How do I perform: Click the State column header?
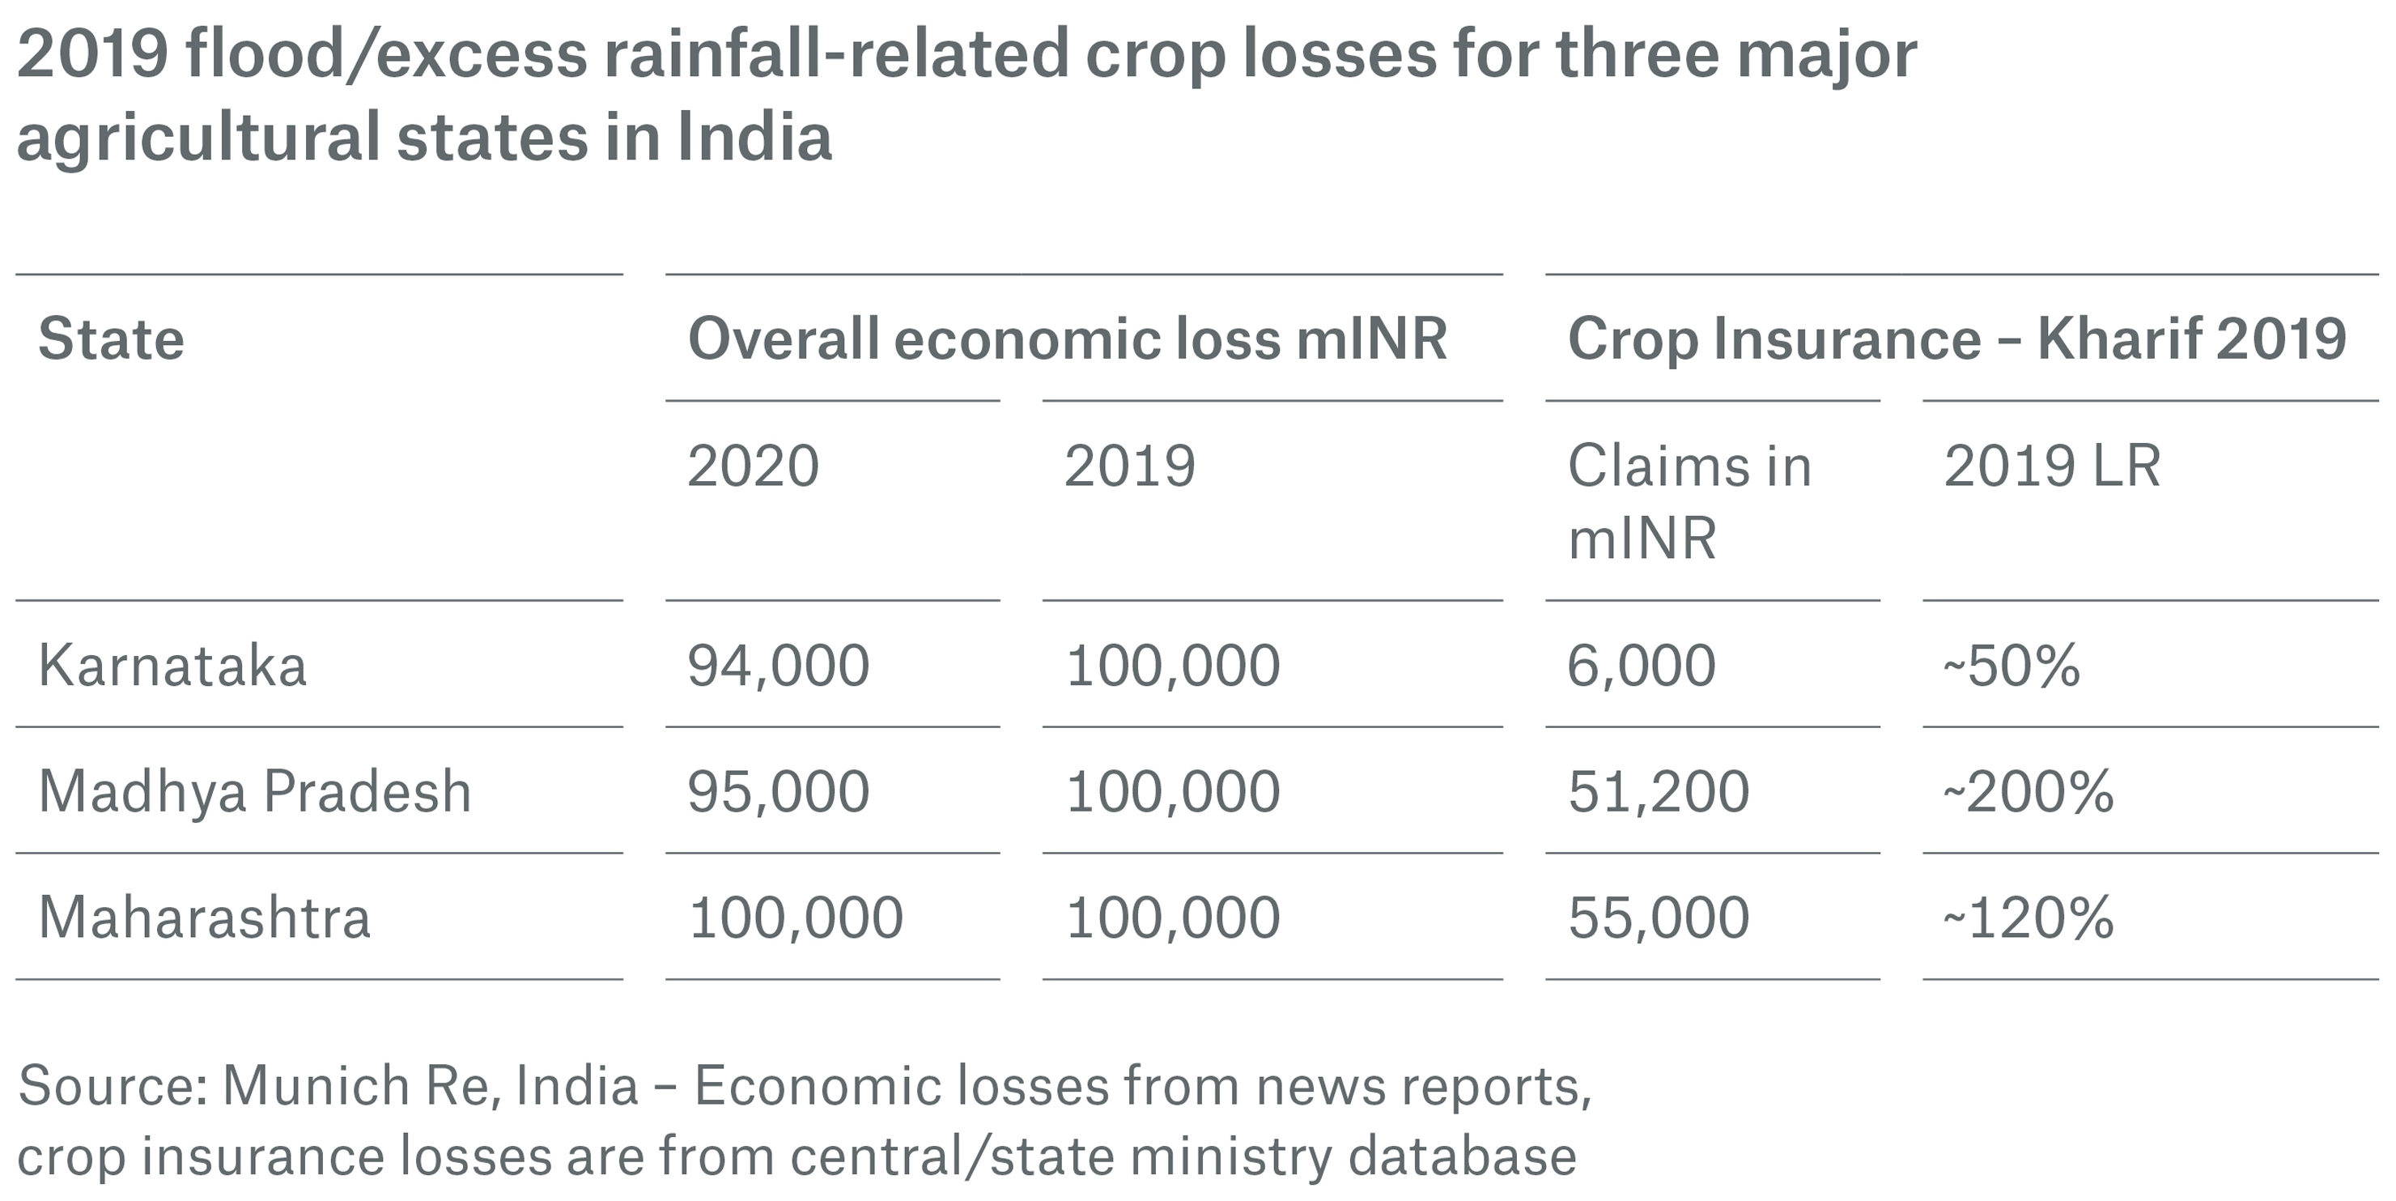[111, 339]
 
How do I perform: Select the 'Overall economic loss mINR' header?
[1067, 339]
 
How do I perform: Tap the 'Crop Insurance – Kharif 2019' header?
[1957, 339]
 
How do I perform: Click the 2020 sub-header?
[753, 466]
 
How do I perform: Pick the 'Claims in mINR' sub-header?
[1689, 501]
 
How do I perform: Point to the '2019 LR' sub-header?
[2052, 466]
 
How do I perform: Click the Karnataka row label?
[172, 666]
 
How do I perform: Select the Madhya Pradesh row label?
[254, 792]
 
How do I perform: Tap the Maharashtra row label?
[204, 918]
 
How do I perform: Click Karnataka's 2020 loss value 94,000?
[778, 666]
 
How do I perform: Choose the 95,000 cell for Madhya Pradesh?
[778, 792]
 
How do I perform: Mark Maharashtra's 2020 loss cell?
[795, 918]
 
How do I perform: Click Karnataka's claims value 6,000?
[1641, 666]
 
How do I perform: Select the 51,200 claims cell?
[1659, 792]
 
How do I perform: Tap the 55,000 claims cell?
[1659, 918]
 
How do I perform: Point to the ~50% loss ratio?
[2011, 666]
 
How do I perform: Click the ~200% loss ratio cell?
[2028, 792]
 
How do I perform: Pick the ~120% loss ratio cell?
[2028, 918]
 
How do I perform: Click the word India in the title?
[754, 137]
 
